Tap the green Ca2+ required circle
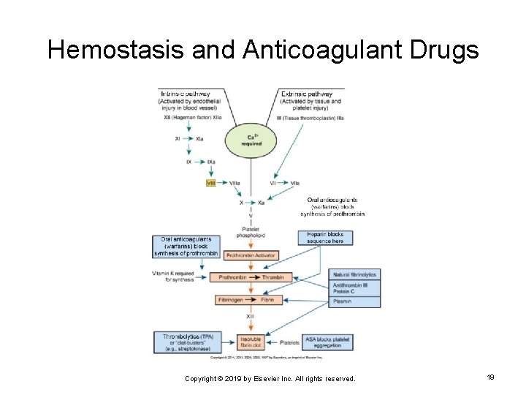tap(251, 140)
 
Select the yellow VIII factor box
tap(211, 182)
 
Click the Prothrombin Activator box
tap(250, 255)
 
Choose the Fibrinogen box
tap(231, 300)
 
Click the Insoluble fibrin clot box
tap(250, 342)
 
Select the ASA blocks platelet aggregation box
tap(328, 342)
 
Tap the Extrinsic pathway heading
tap(307, 94)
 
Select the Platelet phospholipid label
tap(251, 233)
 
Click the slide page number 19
tap(490, 377)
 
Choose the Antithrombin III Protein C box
tap(355, 288)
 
